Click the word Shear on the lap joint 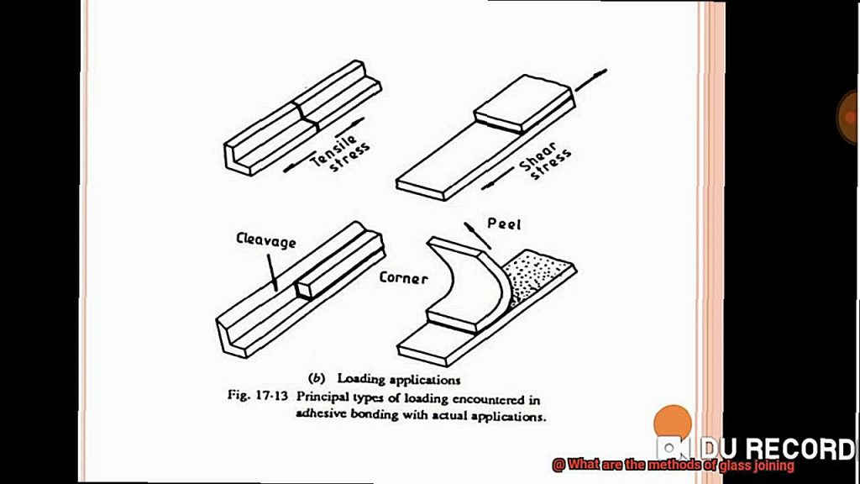(537, 162)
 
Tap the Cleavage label (265, 242)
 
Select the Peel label (504, 224)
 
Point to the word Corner (403, 277)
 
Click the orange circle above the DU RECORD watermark (672, 422)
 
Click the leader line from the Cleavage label (272, 271)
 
